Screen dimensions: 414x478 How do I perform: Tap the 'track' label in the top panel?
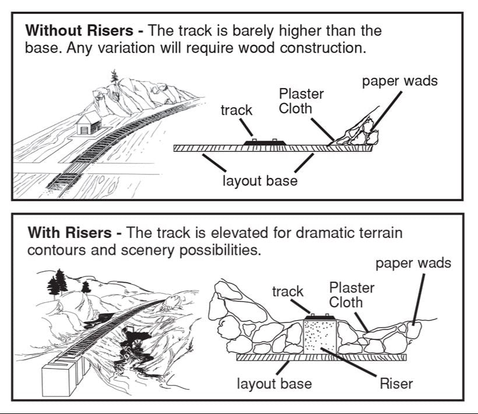(x=236, y=110)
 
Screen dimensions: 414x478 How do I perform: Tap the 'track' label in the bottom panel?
(x=288, y=291)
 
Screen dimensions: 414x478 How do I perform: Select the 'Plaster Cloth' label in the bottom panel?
(x=351, y=294)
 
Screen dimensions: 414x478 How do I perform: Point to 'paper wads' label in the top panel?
(x=399, y=80)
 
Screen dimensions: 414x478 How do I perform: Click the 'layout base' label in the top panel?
(x=260, y=180)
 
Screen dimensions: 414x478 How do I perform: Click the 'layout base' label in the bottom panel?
(x=274, y=384)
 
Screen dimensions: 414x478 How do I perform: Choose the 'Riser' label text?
(x=396, y=384)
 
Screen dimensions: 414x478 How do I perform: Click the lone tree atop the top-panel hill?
(x=114, y=76)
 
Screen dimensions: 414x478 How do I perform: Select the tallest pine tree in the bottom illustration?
(x=57, y=284)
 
